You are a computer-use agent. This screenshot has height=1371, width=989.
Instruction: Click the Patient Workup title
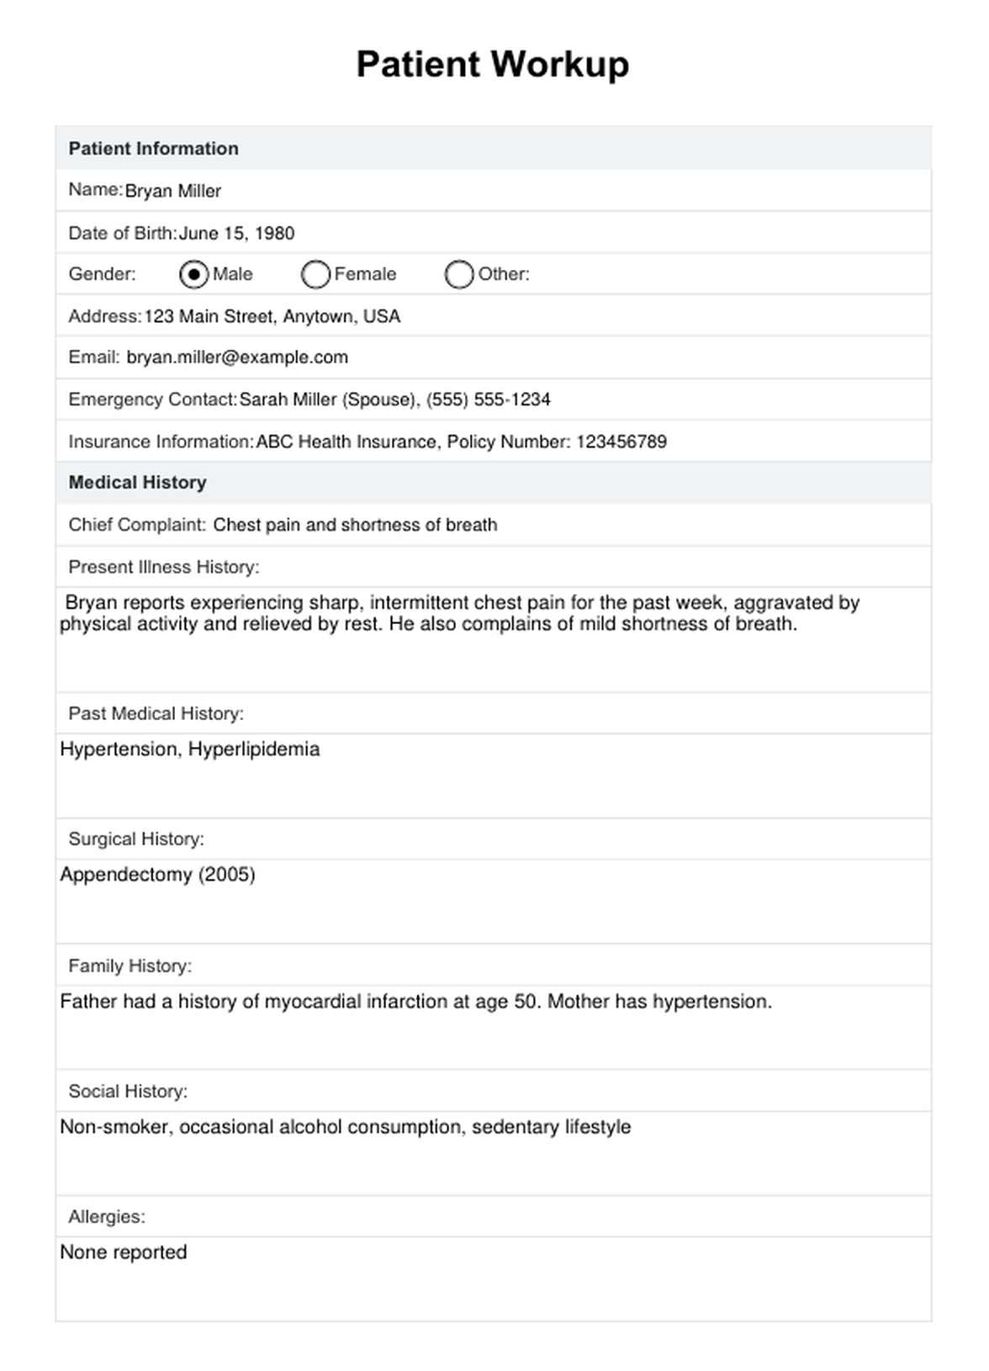coord(492,65)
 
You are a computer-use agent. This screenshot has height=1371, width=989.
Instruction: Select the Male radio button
coord(194,274)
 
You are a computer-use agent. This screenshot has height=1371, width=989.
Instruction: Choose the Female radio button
coord(315,274)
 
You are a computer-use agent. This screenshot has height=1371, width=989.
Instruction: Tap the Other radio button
coord(459,274)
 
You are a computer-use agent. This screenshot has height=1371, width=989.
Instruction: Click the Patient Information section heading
coord(153,149)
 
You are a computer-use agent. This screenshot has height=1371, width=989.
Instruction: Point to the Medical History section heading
coord(137,483)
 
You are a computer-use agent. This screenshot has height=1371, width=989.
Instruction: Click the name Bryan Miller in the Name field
coord(172,191)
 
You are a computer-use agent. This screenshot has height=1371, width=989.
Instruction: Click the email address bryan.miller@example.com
coord(237,357)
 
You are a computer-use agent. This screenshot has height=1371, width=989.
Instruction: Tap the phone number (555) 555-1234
coord(488,400)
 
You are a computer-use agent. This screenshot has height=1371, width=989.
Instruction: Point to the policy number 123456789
coord(621,442)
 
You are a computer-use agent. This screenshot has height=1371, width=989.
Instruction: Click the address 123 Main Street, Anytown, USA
coord(272,316)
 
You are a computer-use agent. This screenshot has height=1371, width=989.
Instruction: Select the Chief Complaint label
coord(137,525)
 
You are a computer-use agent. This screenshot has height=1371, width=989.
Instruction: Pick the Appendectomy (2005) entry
coord(157,875)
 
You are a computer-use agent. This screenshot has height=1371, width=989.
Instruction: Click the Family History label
coord(130,966)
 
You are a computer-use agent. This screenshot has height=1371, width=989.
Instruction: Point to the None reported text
coord(124,1252)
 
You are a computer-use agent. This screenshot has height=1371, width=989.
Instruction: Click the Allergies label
coord(107,1217)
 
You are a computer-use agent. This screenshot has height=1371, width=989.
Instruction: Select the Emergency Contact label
coord(151,400)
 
